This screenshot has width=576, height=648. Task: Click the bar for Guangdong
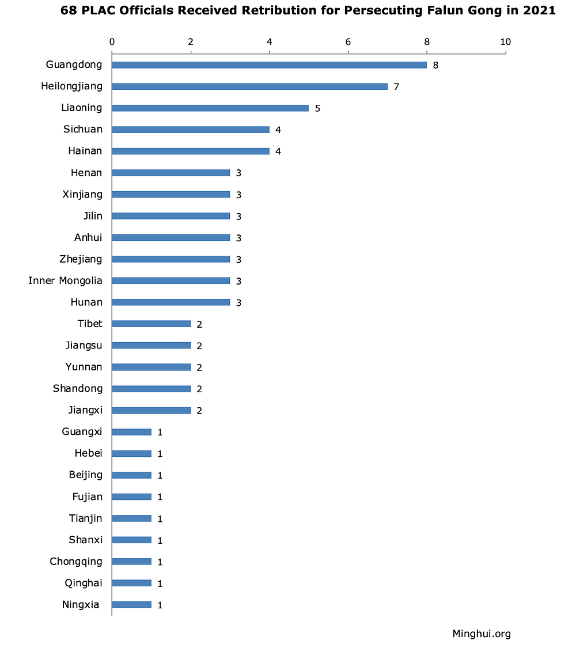tap(269, 65)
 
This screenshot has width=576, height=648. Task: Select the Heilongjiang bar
tap(249, 86)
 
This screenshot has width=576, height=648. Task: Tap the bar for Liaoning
tap(210, 108)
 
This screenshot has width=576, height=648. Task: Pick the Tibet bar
tap(151, 324)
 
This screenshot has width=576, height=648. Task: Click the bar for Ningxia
tap(131, 605)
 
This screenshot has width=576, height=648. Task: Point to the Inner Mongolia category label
tap(65, 281)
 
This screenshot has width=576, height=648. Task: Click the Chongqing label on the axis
tap(76, 561)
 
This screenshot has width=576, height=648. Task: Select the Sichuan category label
tap(83, 129)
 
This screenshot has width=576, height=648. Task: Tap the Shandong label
tap(78, 388)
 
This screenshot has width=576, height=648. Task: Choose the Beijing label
tap(85, 475)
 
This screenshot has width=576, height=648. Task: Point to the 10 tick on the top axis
tap(506, 41)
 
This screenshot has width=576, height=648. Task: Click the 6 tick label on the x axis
tap(348, 41)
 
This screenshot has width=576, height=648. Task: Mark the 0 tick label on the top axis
tap(112, 41)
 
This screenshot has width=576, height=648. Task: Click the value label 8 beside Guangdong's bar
tap(436, 65)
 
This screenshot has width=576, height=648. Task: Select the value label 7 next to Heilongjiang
tap(396, 87)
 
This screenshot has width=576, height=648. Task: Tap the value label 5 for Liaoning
tap(317, 108)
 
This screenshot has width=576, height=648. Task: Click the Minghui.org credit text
tap(482, 634)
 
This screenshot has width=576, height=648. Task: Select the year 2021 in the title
tap(536, 11)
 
